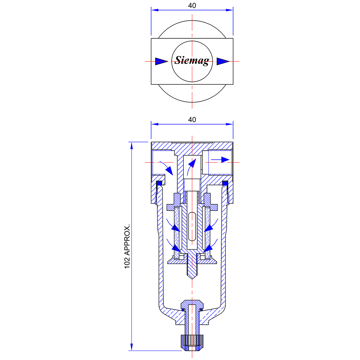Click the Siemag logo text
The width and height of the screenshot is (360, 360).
192,61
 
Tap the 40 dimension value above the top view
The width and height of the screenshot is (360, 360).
192,6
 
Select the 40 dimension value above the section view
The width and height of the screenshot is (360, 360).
192,120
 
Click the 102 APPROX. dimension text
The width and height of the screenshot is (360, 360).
127,246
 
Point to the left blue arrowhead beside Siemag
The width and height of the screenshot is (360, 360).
161,61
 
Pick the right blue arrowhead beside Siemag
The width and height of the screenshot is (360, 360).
223,61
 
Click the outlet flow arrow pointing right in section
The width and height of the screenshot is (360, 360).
220,160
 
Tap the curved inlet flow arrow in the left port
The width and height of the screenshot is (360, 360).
167,168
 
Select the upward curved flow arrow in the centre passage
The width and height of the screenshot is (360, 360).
191,167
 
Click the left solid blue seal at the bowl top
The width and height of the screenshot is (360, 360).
159,183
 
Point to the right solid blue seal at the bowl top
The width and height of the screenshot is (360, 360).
225,183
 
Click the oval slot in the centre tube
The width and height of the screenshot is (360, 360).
192,227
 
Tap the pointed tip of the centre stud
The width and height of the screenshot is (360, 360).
192,279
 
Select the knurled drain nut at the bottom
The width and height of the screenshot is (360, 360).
192,343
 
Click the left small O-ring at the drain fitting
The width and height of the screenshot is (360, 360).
183,310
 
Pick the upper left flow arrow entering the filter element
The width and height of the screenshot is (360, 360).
173,225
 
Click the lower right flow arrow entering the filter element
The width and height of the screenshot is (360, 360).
211,245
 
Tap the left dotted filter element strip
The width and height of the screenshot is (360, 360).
177,232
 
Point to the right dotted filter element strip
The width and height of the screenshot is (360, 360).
207,232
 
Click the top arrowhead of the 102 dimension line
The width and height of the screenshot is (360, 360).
132,146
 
